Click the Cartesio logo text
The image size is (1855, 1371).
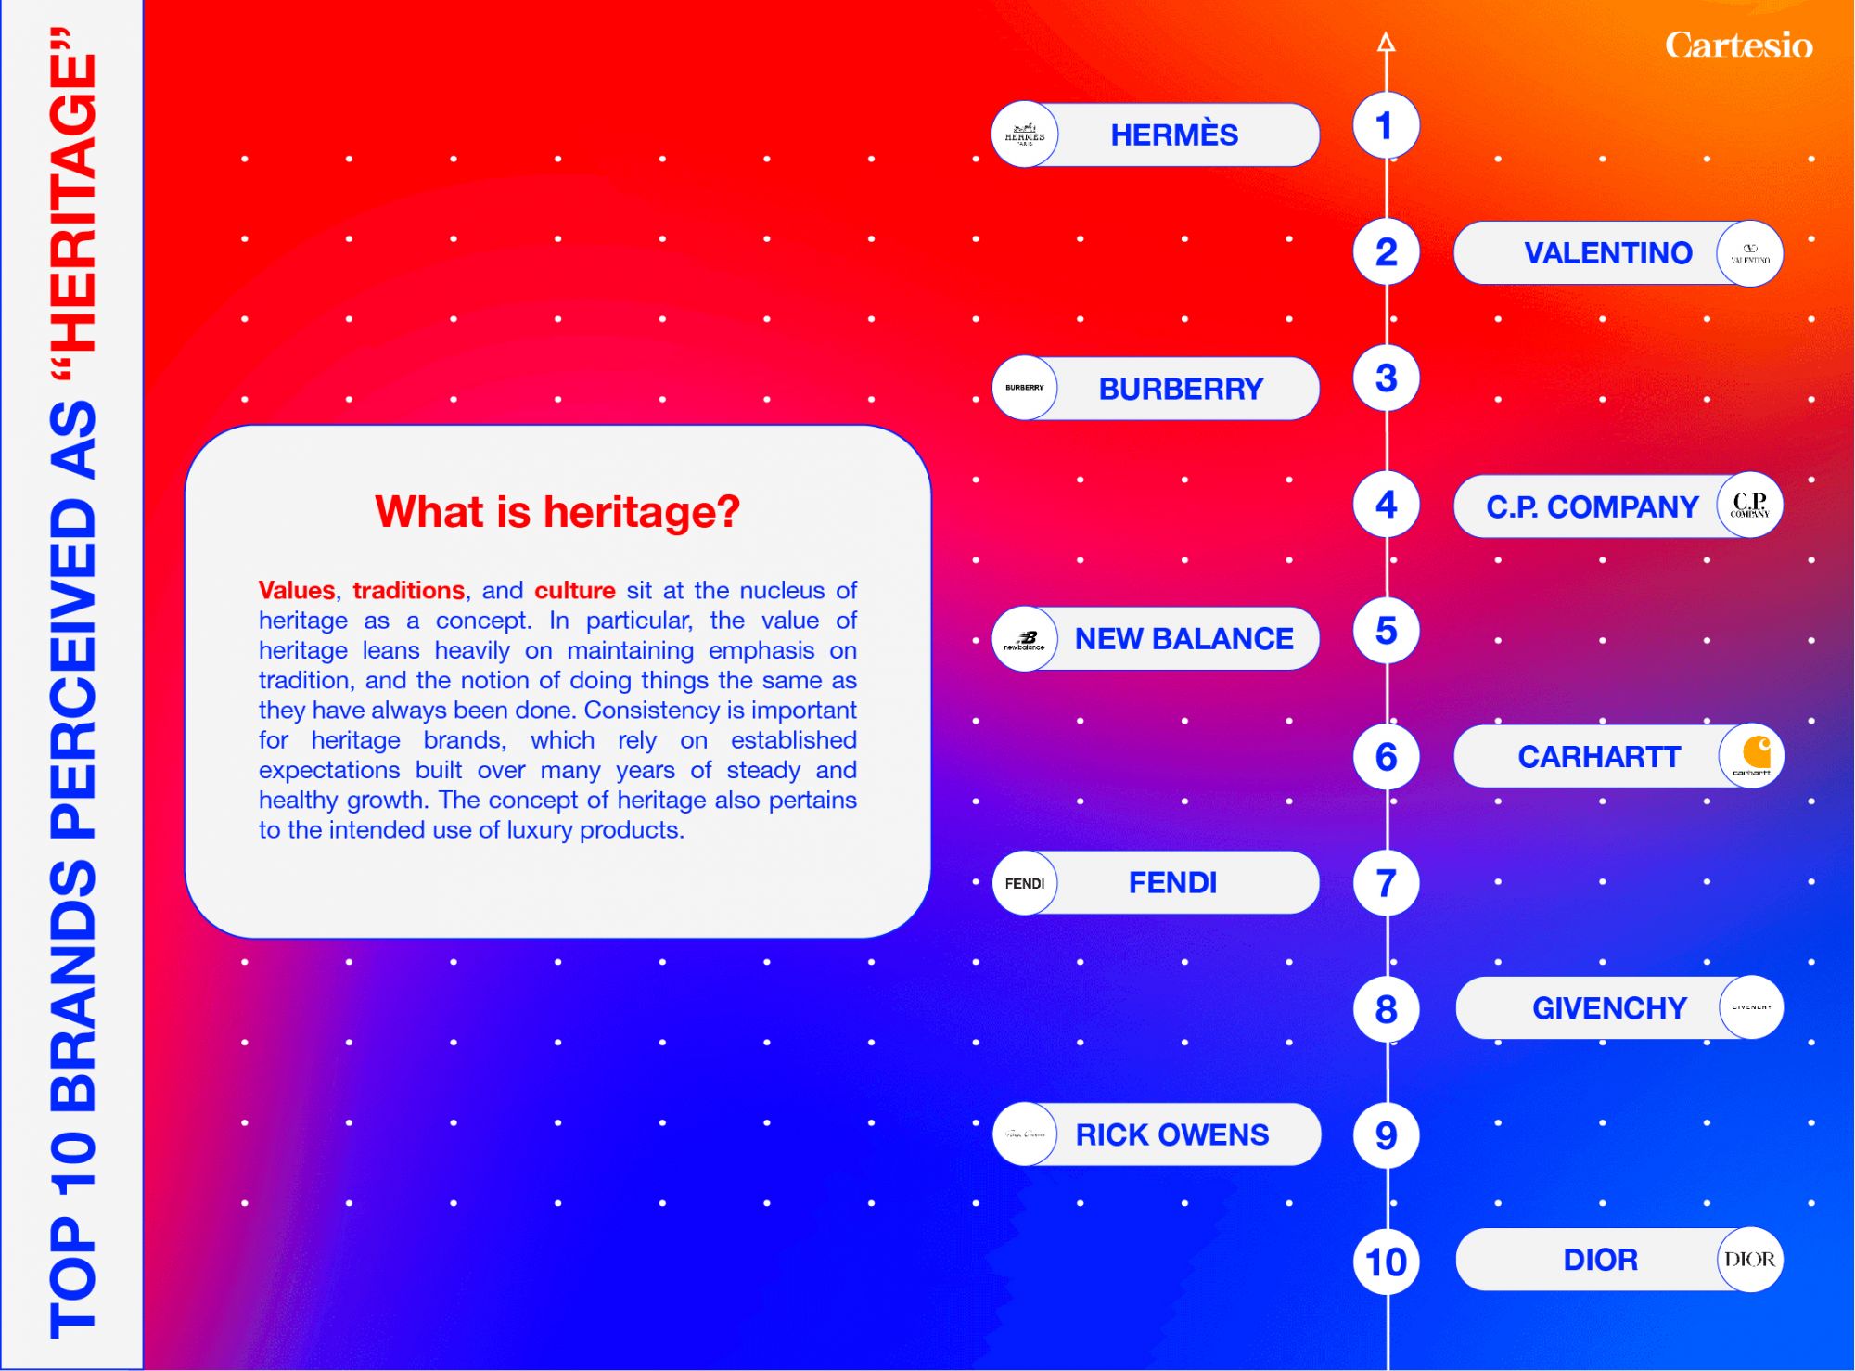(x=1738, y=45)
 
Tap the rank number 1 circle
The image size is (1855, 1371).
(x=1386, y=125)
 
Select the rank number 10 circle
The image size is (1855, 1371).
(x=1386, y=1262)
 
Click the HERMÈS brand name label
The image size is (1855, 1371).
(x=1174, y=135)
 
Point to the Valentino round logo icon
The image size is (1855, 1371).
(x=1750, y=253)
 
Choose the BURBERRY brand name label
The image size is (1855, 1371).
(x=1181, y=389)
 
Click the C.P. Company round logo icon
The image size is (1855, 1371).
(x=1750, y=506)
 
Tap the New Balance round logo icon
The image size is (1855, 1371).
(x=1025, y=639)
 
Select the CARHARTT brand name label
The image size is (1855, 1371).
(x=1599, y=757)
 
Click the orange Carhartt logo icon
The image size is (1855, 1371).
(x=1751, y=756)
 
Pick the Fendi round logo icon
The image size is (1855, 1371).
(x=1025, y=883)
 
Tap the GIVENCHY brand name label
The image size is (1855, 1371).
(x=1609, y=1008)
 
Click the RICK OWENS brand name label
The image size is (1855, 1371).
(x=1172, y=1134)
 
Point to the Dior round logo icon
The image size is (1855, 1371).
(x=1750, y=1260)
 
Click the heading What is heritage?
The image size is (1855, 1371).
(x=557, y=512)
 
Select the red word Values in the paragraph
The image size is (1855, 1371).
(x=297, y=590)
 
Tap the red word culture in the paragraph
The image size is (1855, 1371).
(x=575, y=590)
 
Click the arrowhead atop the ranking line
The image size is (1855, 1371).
(x=1387, y=42)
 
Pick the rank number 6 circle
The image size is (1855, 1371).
(x=1386, y=757)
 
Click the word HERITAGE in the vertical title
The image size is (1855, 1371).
(x=74, y=203)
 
